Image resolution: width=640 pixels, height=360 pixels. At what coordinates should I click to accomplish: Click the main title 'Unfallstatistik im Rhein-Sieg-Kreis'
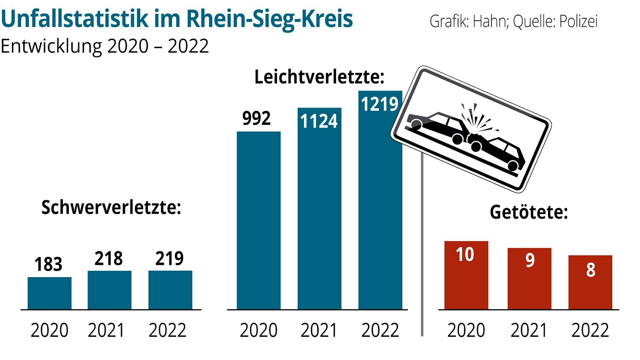(x=176, y=19)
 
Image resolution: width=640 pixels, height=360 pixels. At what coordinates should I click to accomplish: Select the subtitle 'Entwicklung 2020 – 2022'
(x=105, y=46)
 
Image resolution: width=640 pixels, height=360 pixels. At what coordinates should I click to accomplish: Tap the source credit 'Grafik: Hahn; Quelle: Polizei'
(x=513, y=21)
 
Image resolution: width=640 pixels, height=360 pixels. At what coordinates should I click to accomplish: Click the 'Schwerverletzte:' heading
(x=111, y=208)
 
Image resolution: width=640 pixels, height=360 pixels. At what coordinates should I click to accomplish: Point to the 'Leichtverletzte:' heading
(x=319, y=77)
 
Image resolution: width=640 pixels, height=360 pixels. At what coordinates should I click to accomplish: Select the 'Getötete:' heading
(x=529, y=212)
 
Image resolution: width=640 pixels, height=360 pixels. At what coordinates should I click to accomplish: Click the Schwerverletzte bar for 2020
(x=49, y=293)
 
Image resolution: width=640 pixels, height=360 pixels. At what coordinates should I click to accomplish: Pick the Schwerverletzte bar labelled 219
(x=170, y=290)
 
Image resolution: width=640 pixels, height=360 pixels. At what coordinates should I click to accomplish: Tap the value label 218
(x=108, y=259)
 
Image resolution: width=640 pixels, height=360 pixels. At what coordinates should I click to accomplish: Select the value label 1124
(x=319, y=121)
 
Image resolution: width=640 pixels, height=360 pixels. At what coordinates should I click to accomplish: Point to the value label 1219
(x=380, y=104)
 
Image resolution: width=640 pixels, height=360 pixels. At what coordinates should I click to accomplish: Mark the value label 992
(x=256, y=118)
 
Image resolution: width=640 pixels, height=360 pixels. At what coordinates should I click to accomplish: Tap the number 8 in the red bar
(x=591, y=270)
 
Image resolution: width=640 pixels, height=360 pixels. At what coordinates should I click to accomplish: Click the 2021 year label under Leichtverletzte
(x=319, y=330)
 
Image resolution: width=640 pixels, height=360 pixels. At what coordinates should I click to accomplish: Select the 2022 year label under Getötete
(x=590, y=330)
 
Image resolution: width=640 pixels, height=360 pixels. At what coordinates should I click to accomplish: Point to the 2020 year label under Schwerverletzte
(x=49, y=330)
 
